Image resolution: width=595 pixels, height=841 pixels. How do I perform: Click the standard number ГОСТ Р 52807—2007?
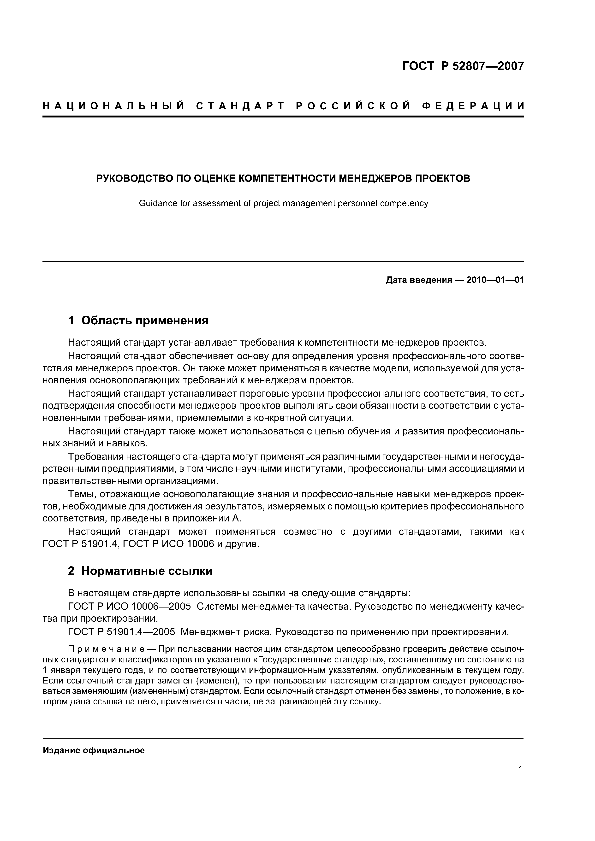(x=463, y=66)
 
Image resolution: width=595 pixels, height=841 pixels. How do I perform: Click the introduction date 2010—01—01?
(x=495, y=280)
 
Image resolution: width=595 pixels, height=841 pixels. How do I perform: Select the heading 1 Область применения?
(x=138, y=321)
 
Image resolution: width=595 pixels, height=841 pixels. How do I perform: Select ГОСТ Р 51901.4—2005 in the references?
(x=122, y=632)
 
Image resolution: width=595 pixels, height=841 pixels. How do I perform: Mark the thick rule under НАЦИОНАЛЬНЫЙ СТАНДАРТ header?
(x=283, y=117)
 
